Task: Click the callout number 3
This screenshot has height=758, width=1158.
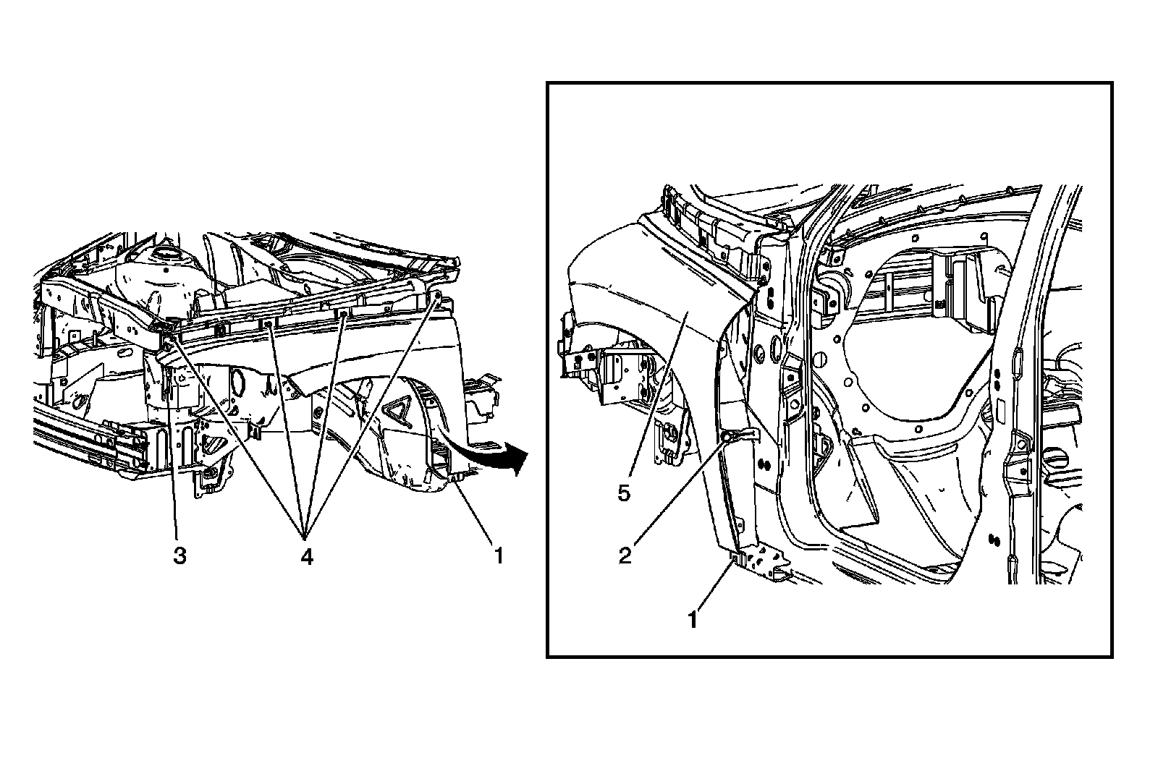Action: pos(179,556)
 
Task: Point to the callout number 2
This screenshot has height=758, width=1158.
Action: pos(624,555)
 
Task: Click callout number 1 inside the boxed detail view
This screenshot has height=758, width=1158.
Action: pos(693,620)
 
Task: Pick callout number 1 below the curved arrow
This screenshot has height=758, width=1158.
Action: pos(498,556)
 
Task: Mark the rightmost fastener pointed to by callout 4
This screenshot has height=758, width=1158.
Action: pos(438,295)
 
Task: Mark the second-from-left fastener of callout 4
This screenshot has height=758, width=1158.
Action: pos(269,325)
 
